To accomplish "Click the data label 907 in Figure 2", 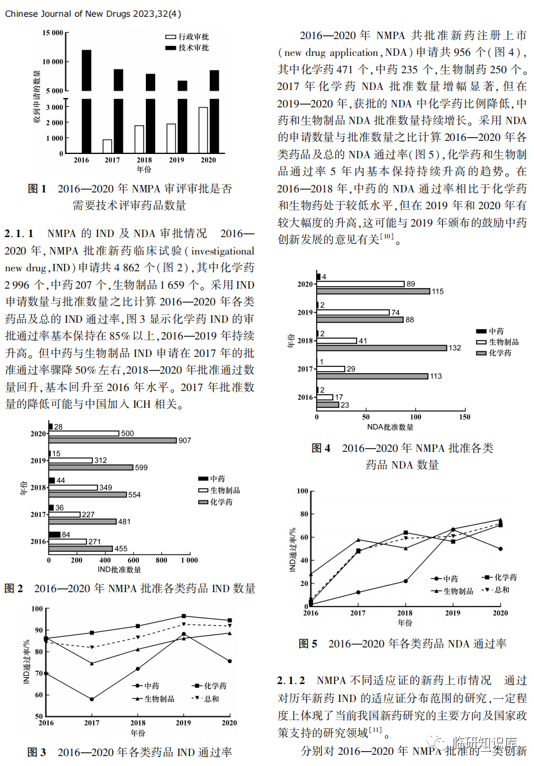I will pos(184,441).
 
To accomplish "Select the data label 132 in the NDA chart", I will pos(455,348).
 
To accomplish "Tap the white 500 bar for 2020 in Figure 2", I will pos(84,433).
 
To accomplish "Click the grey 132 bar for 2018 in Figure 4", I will pos(382,348).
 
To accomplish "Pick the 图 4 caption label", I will pos(320,448).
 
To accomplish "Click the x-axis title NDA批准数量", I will pos(390,427).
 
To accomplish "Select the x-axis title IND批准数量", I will pos(119,569).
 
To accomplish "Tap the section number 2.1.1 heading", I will pos(19,234).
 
